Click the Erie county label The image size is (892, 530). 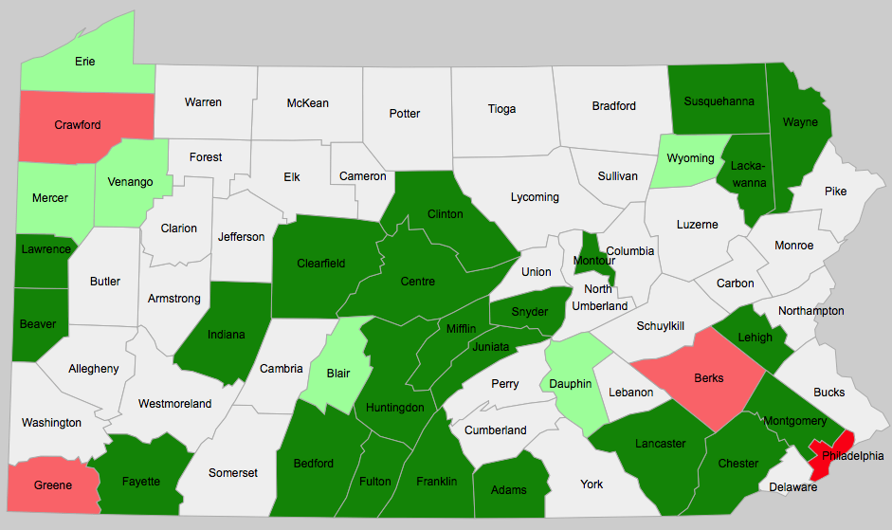click(x=85, y=63)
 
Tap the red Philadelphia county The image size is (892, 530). click(x=828, y=455)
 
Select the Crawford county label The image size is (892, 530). click(x=78, y=125)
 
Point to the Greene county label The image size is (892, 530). click(x=53, y=485)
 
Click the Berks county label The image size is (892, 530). click(x=709, y=378)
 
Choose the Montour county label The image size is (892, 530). click(x=594, y=261)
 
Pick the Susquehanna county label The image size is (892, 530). click(x=719, y=101)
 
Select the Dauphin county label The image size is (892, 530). click(x=571, y=384)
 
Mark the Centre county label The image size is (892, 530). click(x=418, y=282)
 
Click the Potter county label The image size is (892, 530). click(x=405, y=114)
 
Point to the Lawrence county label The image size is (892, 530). click(x=46, y=249)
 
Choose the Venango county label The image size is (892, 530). click(x=131, y=182)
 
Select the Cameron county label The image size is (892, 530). click(x=363, y=176)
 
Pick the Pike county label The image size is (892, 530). click(x=836, y=192)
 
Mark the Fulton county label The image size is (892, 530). click(x=375, y=482)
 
